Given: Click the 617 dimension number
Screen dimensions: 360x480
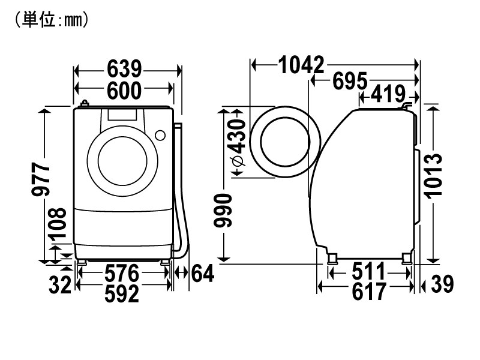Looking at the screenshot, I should click(366, 292).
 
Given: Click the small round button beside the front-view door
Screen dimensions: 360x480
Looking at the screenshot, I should click(161, 135).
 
